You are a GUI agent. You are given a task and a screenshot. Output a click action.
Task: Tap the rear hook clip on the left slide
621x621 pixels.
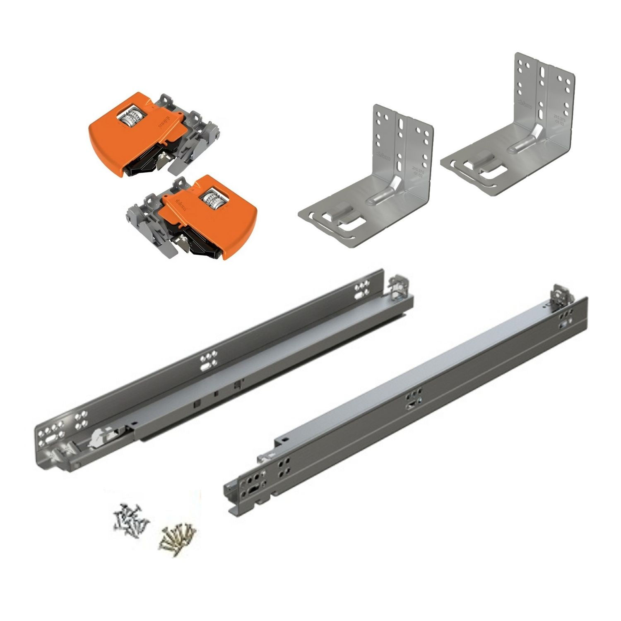[398, 286]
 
